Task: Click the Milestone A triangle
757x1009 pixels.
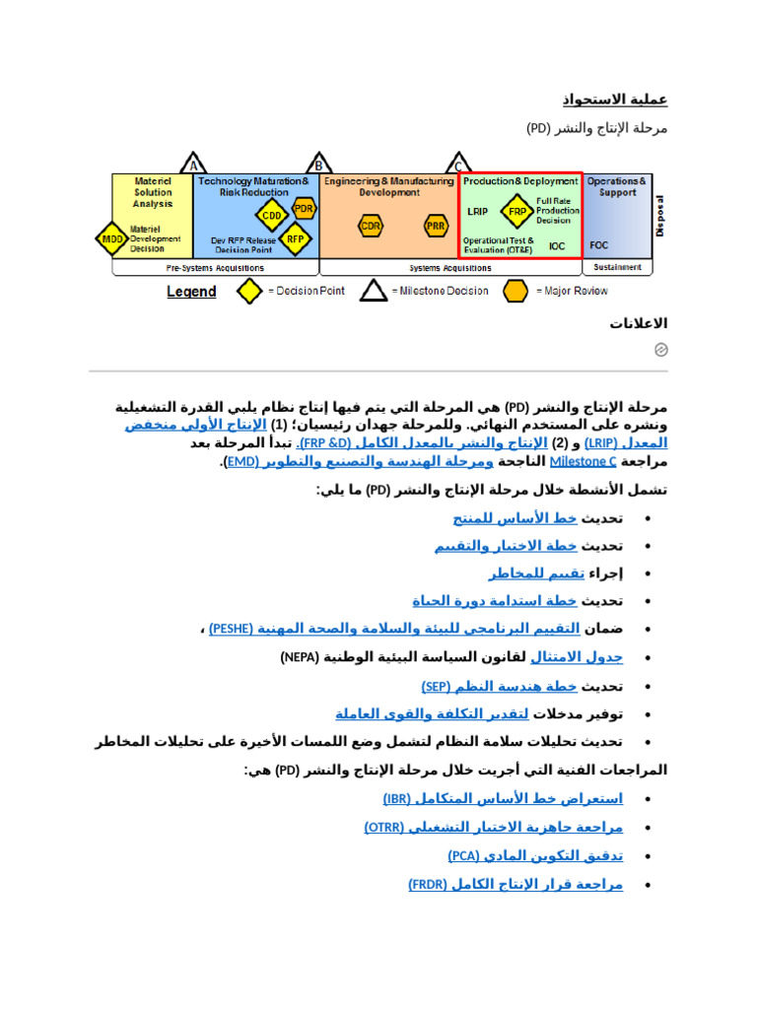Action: (194, 165)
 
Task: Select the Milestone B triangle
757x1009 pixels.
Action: (317, 165)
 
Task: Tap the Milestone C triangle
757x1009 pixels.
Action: (457, 165)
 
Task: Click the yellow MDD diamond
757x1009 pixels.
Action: (110, 237)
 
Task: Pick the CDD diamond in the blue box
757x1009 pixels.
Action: (270, 215)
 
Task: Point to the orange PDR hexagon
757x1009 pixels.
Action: (304, 208)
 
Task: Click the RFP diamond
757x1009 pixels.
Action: (294, 237)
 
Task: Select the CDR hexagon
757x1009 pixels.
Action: (371, 226)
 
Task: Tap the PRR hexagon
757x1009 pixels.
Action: (436, 226)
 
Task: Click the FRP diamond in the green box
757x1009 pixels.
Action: (516, 210)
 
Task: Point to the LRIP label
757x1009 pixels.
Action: (478, 211)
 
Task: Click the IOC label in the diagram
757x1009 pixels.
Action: (558, 246)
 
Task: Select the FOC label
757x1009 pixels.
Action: (599, 245)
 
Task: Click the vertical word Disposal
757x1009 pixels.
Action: (660, 214)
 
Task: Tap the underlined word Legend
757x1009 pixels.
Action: (191, 292)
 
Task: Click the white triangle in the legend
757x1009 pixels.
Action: (373, 291)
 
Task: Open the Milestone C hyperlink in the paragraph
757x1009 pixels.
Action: (583, 461)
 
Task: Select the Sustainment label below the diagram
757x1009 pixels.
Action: (618, 267)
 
